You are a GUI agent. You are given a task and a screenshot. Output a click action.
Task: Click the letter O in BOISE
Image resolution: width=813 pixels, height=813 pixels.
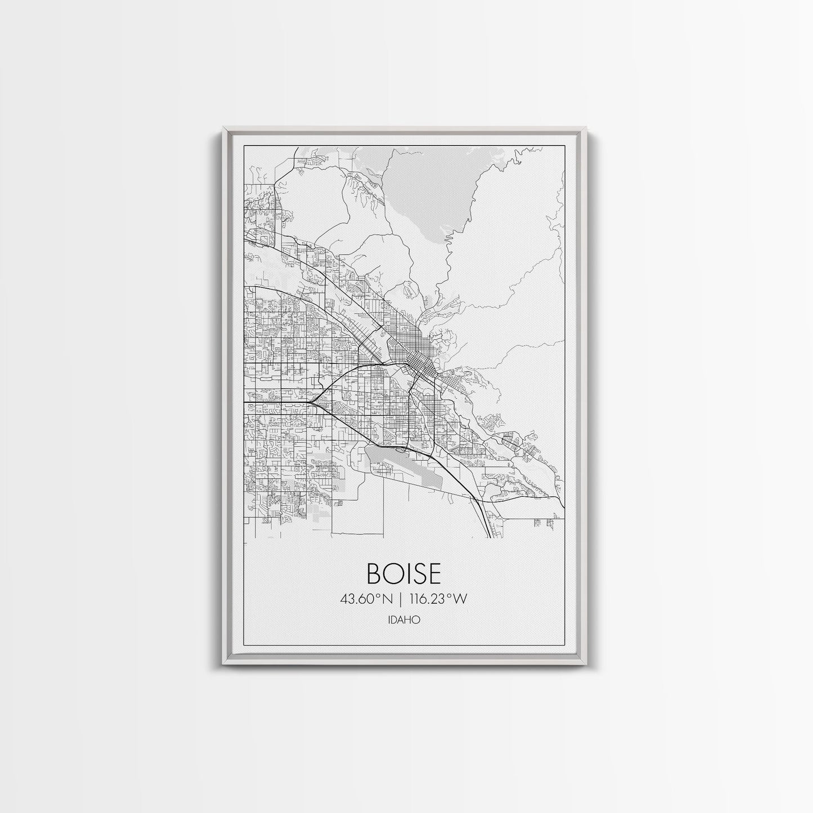point(392,572)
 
